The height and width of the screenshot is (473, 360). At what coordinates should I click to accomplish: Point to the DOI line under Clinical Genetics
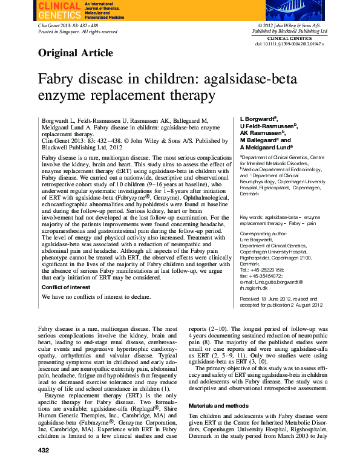[x=289, y=44]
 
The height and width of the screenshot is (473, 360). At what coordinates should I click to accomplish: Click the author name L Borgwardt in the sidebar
[x=259, y=118]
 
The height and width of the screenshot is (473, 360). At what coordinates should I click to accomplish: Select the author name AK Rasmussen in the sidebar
[x=262, y=132]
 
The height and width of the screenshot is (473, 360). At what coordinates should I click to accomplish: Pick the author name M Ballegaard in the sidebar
[x=262, y=140]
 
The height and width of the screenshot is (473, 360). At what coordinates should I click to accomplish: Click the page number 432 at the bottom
[x=44, y=468]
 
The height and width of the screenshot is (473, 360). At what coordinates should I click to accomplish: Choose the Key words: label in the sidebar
[x=252, y=217]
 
